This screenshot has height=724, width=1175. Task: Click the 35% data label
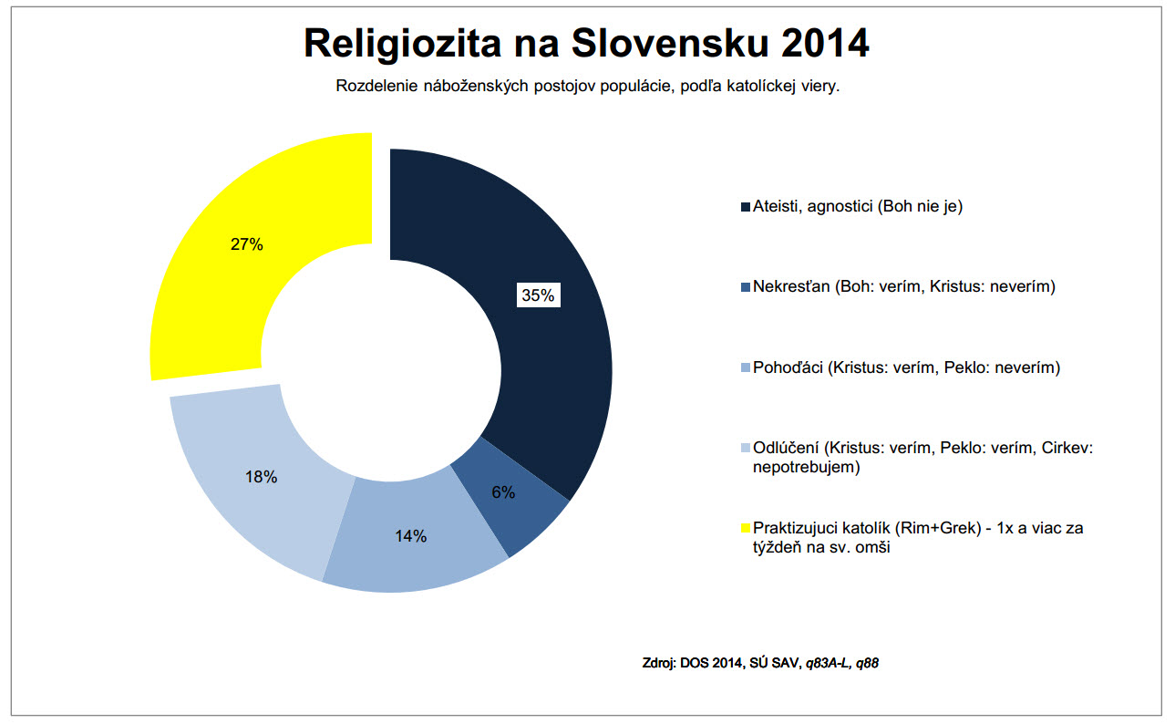(x=538, y=295)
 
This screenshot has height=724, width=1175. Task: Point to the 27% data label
(x=246, y=244)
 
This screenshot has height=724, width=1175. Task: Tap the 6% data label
(x=503, y=492)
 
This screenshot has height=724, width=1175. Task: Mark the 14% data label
(x=411, y=536)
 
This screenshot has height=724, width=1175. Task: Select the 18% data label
(x=262, y=477)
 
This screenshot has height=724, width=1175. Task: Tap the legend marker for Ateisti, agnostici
(x=746, y=207)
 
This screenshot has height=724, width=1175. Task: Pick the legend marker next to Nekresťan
(x=746, y=287)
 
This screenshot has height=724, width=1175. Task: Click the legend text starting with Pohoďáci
(x=907, y=367)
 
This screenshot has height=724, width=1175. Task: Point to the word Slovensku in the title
(x=650, y=43)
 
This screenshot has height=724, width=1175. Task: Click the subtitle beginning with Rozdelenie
(x=587, y=87)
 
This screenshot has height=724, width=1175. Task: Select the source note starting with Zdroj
(x=760, y=662)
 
